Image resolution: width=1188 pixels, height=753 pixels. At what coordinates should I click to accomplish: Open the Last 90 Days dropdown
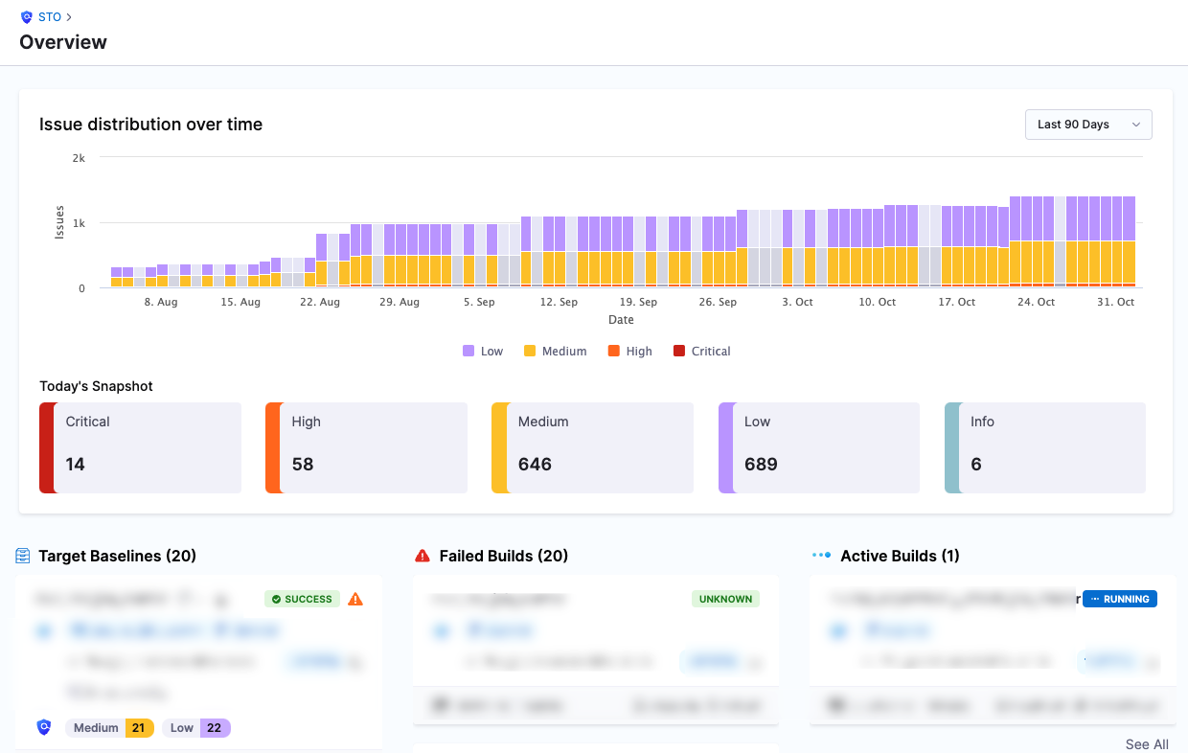point(1088,125)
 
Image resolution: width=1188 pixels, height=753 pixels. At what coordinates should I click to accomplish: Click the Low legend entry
point(483,352)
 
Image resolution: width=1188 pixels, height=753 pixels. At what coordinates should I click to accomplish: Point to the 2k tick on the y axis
point(79,158)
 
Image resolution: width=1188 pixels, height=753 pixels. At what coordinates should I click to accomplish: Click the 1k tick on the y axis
point(79,223)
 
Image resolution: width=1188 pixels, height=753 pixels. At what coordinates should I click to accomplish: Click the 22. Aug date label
point(319,302)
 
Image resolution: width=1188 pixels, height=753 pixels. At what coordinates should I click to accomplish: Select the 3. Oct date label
point(797,302)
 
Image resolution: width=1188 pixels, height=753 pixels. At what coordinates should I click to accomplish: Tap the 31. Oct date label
point(1115,302)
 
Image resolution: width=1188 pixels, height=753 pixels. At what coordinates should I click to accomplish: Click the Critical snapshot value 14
point(76,465)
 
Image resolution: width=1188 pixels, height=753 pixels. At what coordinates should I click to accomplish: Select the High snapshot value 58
point(303,465)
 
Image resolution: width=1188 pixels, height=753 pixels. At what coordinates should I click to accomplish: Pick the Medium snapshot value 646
point(535,465)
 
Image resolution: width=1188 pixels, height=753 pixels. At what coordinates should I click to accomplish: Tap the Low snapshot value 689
point(761,465)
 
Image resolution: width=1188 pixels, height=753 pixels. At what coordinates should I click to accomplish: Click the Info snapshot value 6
point(976,465)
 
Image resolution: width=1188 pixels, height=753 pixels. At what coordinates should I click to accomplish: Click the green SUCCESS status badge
point(302,600)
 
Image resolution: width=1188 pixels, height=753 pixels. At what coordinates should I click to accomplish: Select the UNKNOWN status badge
point(725,600)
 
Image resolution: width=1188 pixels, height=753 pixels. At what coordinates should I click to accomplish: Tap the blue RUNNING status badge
point(1120,600)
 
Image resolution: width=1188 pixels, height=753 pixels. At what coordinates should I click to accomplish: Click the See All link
point(1147,744)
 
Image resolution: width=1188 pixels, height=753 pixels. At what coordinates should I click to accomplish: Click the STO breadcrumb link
point(50,17)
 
